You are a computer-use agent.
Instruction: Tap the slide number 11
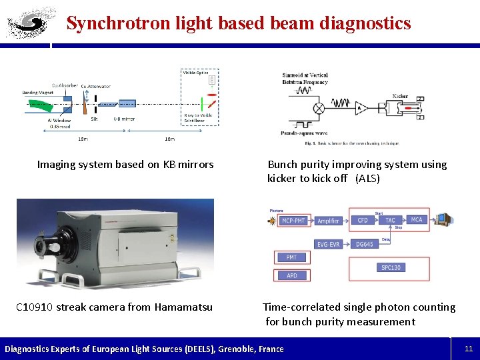click(x=468, y=348)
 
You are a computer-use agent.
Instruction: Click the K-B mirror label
click(x=123, y=118)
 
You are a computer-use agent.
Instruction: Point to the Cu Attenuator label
click(x=96, y=86)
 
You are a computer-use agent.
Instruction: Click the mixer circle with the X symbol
click(x=319, y=107)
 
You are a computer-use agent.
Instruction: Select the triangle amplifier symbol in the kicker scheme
click(x=361, y=107)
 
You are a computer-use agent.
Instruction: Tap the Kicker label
click(x=400, y=95)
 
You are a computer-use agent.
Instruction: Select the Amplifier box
click(x=328, y=221)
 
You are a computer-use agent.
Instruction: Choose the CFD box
click(x=363, y=220)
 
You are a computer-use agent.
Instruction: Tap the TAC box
click(x=390, y=220)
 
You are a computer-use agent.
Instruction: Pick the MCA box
click(x=417, y=220)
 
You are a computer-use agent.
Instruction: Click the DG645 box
click(x=364, y=244)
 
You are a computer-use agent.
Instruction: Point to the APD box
click(x=291, y=275)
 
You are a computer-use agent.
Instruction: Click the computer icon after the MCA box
click(x=444, y=219)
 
